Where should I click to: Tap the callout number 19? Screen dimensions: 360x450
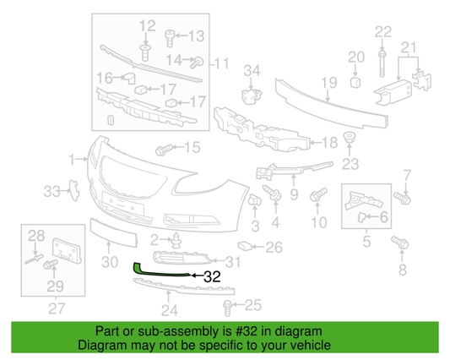[322, 82]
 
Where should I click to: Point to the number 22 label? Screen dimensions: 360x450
[383, 31]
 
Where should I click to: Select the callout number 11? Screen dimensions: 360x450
[222, 63]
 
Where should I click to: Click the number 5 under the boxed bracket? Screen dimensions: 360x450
[366, 242]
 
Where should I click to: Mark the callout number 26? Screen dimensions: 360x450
[274, 248]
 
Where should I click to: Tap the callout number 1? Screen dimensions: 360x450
[73, 157]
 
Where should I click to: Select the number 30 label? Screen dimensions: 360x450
[109, 262]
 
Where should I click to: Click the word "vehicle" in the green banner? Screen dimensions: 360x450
[306, 346]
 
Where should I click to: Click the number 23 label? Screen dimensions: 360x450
[350, 163]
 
